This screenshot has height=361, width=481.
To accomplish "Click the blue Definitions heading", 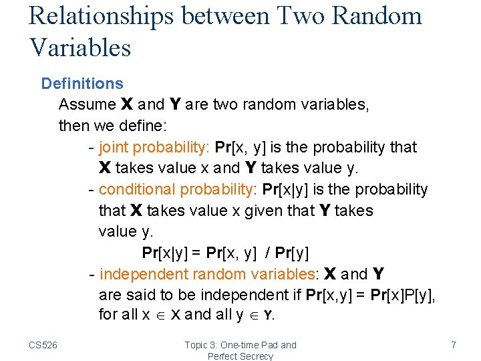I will point(82,84).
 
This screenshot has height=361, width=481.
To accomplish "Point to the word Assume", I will point(88,104).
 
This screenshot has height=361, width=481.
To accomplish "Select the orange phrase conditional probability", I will point(176,189).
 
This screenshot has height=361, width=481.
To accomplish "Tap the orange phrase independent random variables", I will point(207,274).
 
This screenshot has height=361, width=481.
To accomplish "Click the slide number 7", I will point(454,345).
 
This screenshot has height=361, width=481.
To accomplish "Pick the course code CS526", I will point(43,345).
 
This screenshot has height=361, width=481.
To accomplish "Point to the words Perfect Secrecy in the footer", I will point(240,356).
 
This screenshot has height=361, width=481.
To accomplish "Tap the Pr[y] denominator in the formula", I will point(290,253).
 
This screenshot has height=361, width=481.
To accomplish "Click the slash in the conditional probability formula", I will point(268,253).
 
